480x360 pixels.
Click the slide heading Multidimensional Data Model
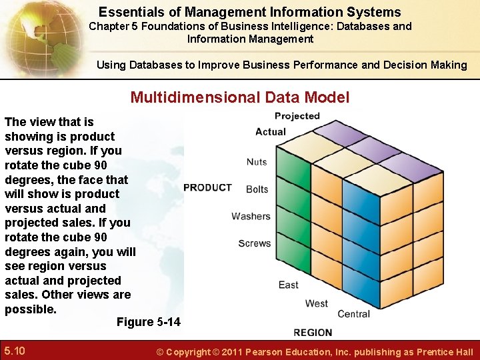click(239, 97)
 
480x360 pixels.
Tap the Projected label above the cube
click(297, 116)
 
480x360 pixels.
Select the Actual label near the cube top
click(271, 131)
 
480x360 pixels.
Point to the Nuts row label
click(257, 162)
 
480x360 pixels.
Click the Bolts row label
click(257, 189)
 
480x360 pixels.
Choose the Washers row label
click(251, 216)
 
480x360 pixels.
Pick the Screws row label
click(254, 243)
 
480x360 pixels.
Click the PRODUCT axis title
click(207, 187)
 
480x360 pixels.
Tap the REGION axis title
click(313, 332)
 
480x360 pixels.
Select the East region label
click(288, 285)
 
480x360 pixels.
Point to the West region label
click(316, 303)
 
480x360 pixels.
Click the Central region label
click(353, 314)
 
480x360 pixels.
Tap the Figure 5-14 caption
click(148, 322)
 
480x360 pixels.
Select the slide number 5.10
click(15, 351)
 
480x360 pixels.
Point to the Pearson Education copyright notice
click(314, 352)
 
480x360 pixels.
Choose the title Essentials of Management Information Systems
click(250, 12)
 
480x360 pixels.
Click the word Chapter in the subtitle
click(111, 27)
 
